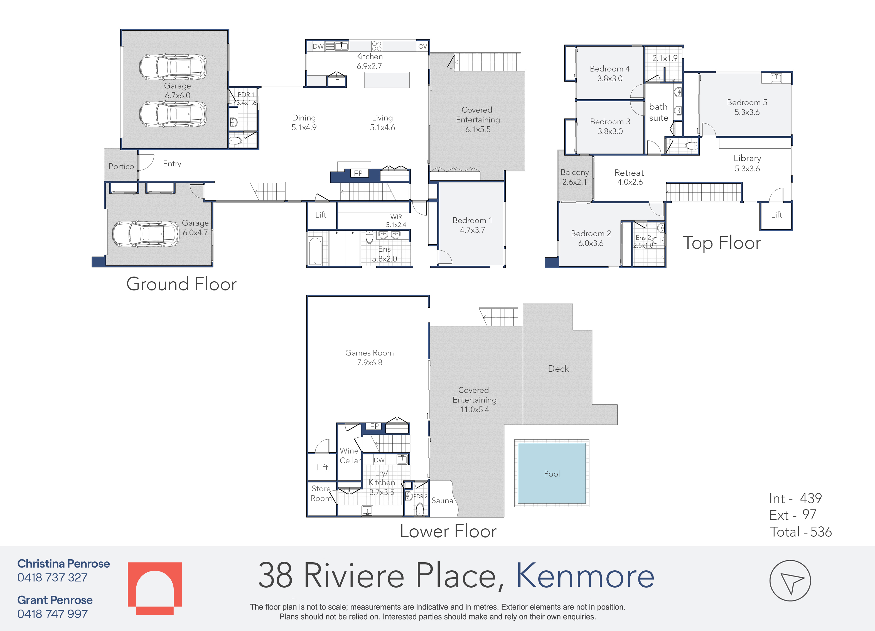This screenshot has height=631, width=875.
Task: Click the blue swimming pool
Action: pyautogui.click(x=552, y=473)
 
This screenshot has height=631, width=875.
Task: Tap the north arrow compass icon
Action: pyautogui.click(x=790, y=580)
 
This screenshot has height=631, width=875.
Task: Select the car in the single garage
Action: pyautogui.click(x=146, y=234)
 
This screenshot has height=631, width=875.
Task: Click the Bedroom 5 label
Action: pyautogui.click(x=747, y=107)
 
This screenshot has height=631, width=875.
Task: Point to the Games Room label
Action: pyautogui.click(x=370, y=358)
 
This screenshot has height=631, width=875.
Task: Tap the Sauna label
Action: pyautogui.click(x=442, y=501)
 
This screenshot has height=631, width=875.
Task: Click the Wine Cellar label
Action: pyautogui.click(x=350, y=455)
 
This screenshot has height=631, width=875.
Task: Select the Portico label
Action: pyautogui.click(x=121, y=166)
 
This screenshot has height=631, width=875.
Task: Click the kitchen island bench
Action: pyautogui.click(x=387, y=80)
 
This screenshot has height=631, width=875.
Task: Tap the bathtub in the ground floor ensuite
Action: pyautogui.click(x=315, y=251)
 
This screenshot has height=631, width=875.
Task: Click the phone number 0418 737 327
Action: pyautogui.click(x=53, y=577)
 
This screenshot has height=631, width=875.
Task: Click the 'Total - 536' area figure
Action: pyautogui.click(x=801, y=532)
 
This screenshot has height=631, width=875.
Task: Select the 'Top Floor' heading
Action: pyautogui.click(x=722, y=243)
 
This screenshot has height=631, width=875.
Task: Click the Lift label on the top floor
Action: pyautogui.click(x=776, y=215)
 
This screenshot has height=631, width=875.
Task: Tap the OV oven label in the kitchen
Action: pyautogui.click(x=423, y=46)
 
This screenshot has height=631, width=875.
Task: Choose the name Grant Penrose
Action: pyautogui.click(x=55, y=600)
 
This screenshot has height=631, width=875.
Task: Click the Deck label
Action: pyautogui.click(x=558, y=369)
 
